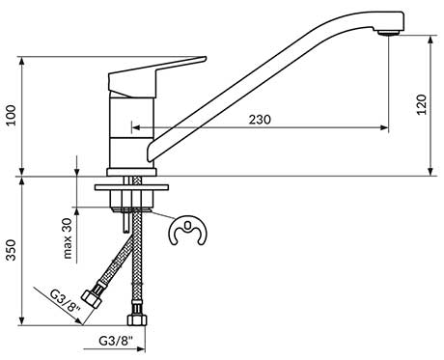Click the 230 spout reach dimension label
260,120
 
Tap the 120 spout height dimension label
422,104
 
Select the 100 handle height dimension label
12,115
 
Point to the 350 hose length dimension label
12,250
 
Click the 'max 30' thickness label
68,238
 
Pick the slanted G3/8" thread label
66,301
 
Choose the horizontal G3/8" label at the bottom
116,341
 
